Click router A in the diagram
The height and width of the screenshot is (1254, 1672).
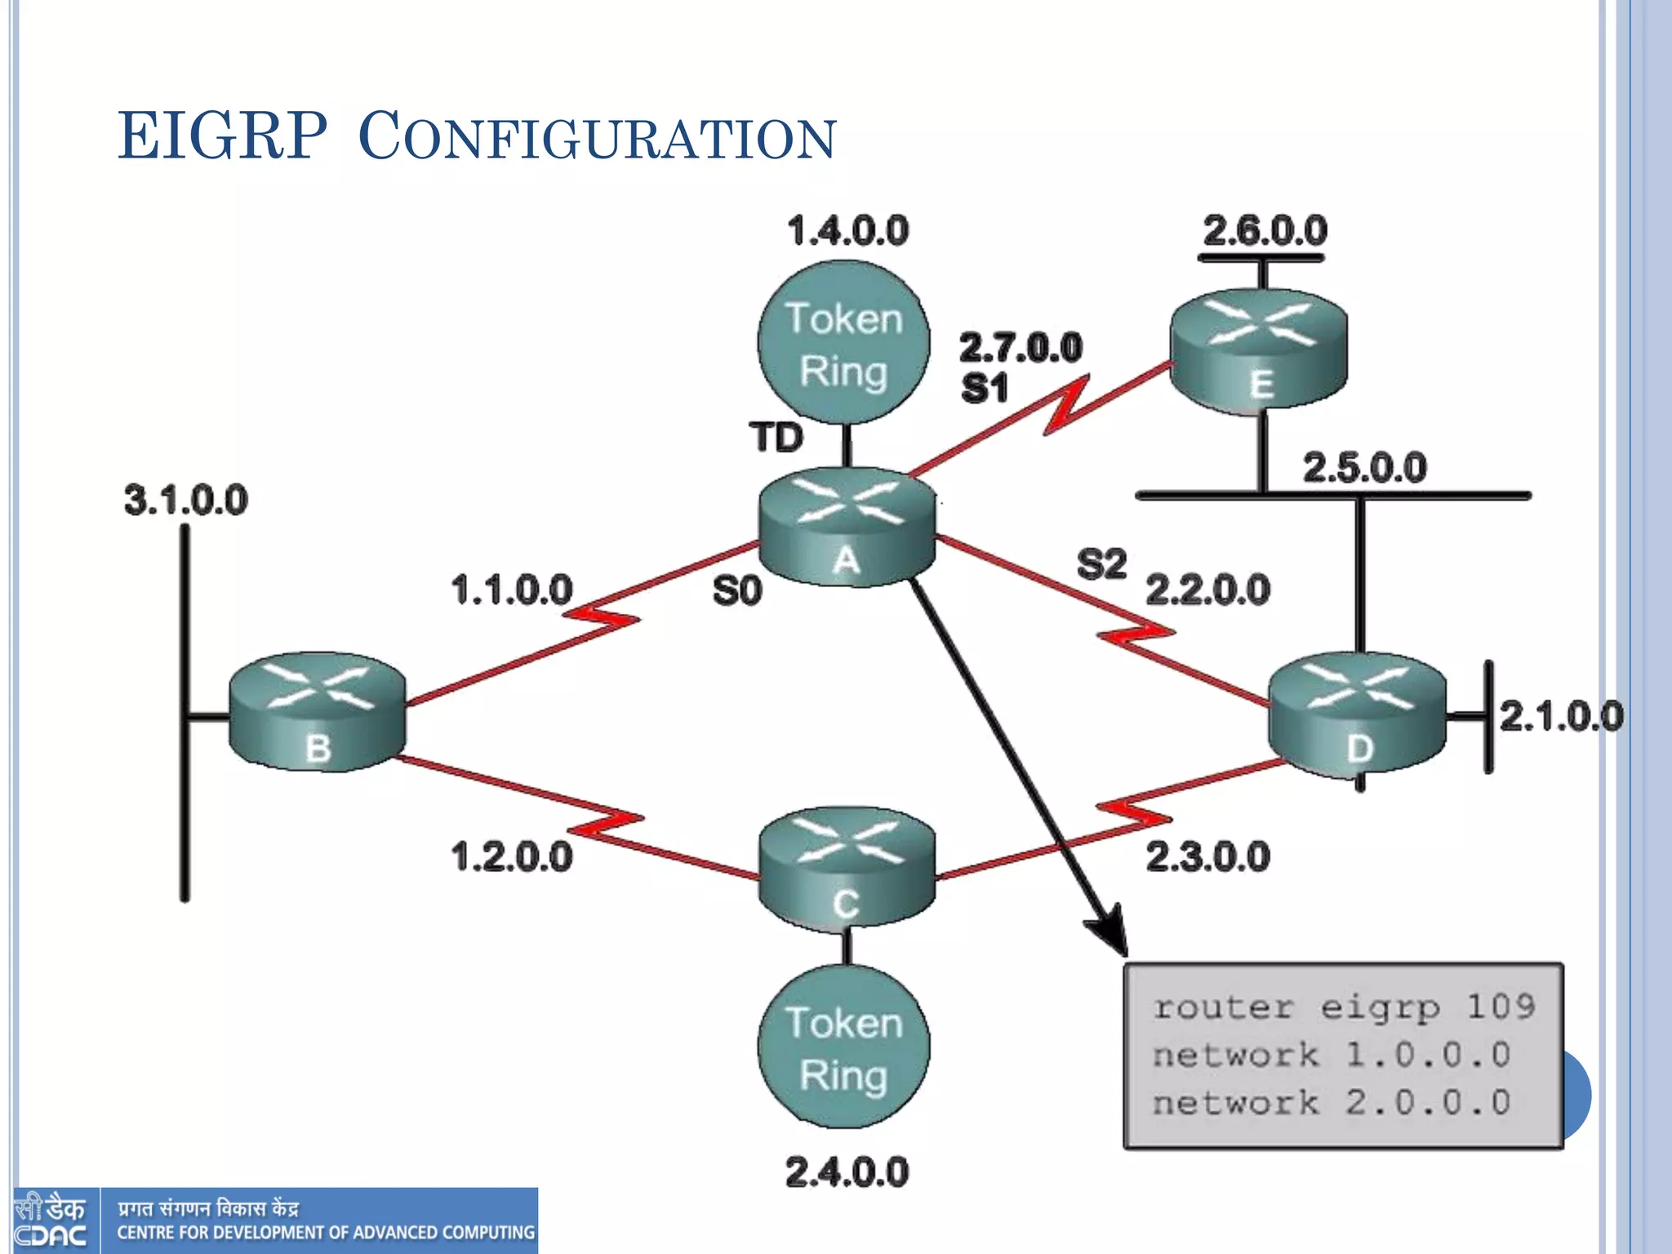(847, 526)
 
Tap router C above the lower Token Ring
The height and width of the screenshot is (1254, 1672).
(847, 869)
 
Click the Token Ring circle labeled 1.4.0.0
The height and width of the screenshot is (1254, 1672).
(843, 343)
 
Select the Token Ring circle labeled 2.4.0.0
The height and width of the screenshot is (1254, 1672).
(843, 1047)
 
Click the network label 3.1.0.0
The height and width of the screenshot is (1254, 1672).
(186, 500)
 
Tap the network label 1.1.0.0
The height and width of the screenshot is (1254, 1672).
(512, 589)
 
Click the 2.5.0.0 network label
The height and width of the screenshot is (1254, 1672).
(1364, 468)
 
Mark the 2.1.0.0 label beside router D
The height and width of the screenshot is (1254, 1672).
(1561, 717)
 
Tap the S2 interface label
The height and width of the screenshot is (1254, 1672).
(1101, 564)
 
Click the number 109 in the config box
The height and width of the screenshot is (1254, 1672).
(1501, 1007)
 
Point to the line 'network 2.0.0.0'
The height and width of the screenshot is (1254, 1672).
(1332, 1103)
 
